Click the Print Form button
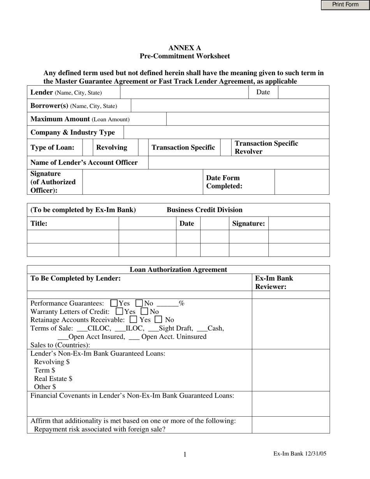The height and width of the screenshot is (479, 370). [x=345, y=5]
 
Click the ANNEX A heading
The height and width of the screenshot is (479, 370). [x=185, y=48]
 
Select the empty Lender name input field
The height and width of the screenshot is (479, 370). [x=184, y=92]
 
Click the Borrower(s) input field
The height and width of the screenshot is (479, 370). [x=230, y=106]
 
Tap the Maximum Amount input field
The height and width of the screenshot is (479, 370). [x=247, y=119]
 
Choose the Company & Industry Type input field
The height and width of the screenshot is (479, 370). [x=226, y=132]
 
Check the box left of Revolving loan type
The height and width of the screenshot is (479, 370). [x=88, y=147]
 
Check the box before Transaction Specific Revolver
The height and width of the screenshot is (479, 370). [x=226, y=147]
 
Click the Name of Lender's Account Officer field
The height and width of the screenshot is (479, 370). [x=238, y=162]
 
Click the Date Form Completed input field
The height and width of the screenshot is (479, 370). [x=301, y=182]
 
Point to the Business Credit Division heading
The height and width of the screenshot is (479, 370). [x=204, y=210]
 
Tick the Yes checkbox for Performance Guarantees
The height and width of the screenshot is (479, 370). [x=114, y=303]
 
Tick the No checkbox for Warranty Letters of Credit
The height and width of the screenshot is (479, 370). [x=144, y=312]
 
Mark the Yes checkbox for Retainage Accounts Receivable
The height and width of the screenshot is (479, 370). [x=133, y=320]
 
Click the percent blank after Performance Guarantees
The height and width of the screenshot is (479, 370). [x=167, y=303]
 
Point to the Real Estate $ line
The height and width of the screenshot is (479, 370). [x=53, y=379]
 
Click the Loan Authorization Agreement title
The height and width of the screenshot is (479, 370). [x=178, y=269]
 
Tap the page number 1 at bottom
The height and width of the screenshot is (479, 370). [x=185, y=454]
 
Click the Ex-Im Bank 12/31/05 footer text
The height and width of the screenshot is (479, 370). [x=300, y=454]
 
